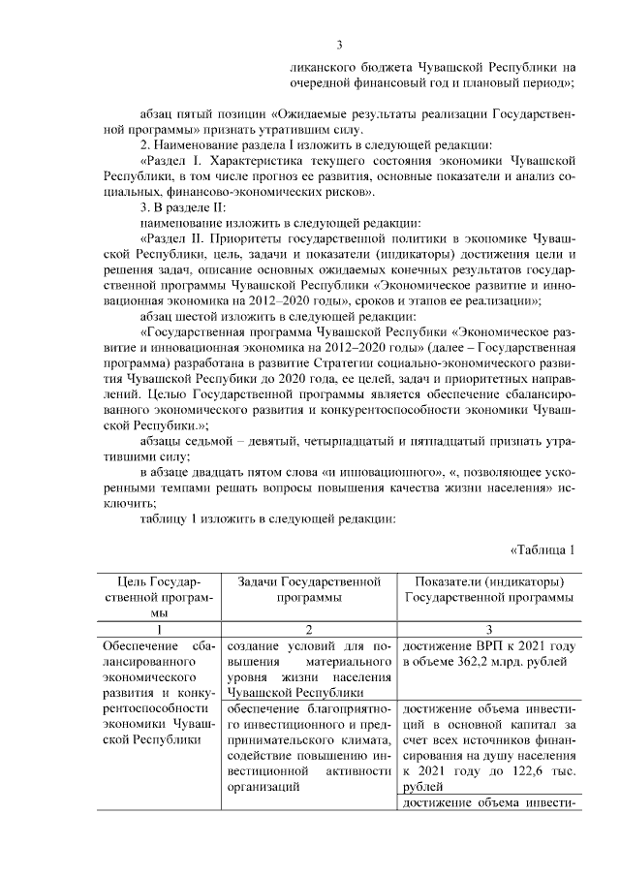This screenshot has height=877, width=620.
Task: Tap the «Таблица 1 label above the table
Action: pos(542,549)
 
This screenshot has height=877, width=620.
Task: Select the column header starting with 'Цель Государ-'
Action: pos(160,596)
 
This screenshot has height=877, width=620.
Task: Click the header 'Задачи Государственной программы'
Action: pos(309,589)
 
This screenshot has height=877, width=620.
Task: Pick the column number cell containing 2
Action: pos(309,629)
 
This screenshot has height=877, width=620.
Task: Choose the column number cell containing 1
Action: pos(160,629)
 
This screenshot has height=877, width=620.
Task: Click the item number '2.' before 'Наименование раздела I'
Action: pos(146,144)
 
